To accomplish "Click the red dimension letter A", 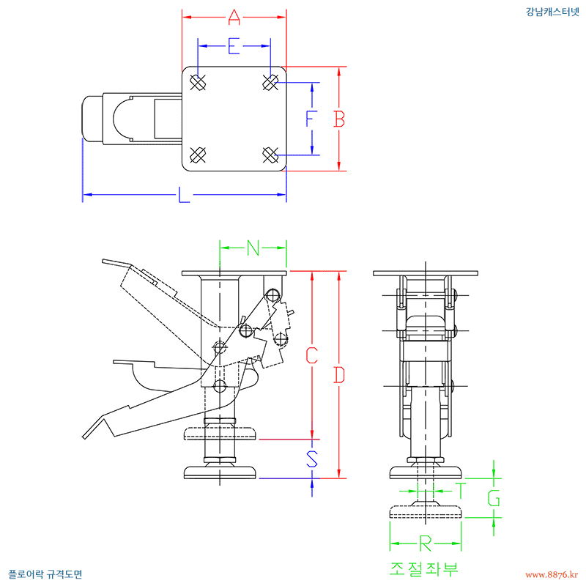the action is (x=234, y=17).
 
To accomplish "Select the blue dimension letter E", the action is (x=234, y=46).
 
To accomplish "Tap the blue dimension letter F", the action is (x=311, y=119).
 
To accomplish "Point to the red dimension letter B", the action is (x=339, y=119).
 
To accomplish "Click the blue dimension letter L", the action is (x=184, y=195).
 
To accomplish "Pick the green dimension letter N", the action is (x=253, y=248).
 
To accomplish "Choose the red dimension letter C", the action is (x=312, y=355).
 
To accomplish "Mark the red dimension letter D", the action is (x=339, y=375).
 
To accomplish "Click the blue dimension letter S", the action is (x=312, y=459).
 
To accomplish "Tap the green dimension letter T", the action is (x=461, y=491).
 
